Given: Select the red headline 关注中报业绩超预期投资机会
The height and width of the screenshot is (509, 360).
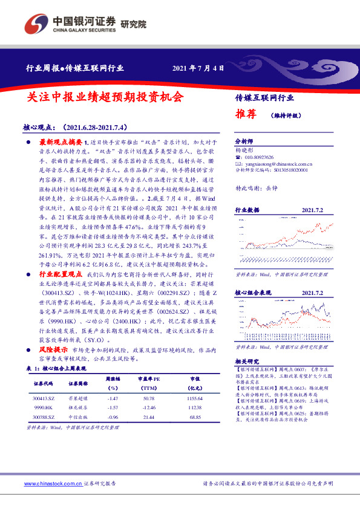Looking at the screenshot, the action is pyautogui.click(x=105, y=96).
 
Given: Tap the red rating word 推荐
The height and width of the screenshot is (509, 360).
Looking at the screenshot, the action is pyautogui.click(x=246, y=113).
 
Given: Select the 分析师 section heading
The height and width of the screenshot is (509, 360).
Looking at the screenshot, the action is pyautogui.click(x=245, y=138).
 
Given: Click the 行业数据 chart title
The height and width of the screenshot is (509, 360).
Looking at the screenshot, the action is pyautogui.click(x=247, y=210).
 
